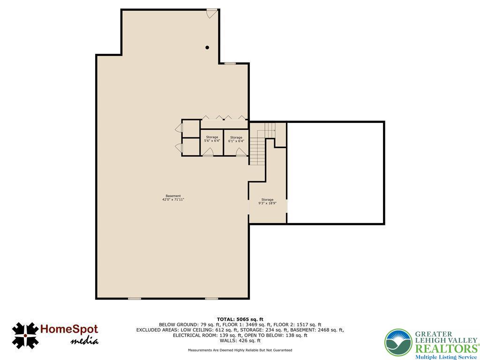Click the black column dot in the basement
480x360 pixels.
coord(207,47)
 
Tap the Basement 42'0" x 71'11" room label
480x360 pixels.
coord(173,198)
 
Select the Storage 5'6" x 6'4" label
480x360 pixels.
coord(212,139)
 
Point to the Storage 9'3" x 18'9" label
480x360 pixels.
coord(267,201)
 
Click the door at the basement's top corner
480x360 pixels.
coord(212,14)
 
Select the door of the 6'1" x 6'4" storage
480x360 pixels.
coord(241,152)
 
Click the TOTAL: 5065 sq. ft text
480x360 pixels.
coord(240,319)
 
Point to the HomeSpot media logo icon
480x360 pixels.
coord(25,336)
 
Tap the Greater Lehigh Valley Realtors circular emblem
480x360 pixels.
coord(398,343)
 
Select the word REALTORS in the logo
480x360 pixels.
coord(446,349)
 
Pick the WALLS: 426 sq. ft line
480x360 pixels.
coord(240,340)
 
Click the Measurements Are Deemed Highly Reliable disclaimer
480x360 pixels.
coord(240,350)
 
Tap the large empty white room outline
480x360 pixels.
coord(336,122)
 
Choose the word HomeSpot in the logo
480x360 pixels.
coord(69,330)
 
